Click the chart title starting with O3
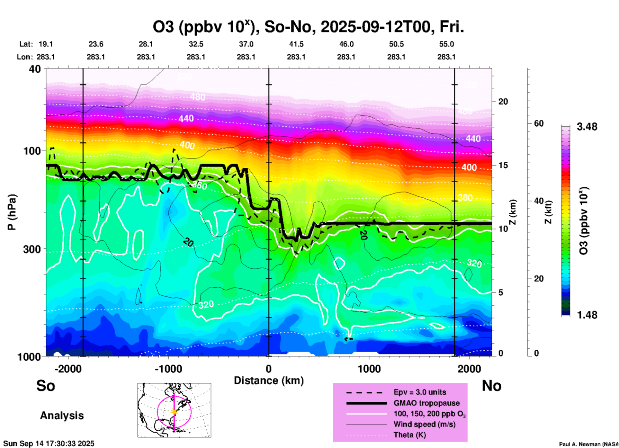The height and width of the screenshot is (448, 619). [308, 27]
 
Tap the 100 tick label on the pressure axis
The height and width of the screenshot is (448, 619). [32, 151]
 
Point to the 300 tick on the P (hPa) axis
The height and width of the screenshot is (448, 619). [32, 249]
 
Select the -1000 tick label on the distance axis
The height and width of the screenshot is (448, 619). [168, 369]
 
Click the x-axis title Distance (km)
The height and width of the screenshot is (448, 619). [269, 381]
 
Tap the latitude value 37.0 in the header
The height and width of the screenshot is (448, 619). [246, 44]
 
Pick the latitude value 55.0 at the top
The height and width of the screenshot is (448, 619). [446, 44]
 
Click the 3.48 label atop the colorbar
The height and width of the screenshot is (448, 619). [587, 127]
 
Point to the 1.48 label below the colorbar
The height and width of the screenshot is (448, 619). [587, 315]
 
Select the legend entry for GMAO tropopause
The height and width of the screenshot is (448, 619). [426, 403]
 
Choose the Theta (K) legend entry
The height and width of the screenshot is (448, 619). [409, 435]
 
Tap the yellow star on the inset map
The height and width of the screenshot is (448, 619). [174, 412]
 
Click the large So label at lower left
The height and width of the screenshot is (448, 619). [46, 386]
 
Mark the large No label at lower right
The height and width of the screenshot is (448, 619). [491, 386]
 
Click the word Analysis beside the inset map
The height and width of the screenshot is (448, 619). [62, 416]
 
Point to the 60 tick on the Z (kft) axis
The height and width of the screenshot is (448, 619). [539, 123]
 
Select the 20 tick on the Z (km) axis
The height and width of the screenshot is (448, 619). [503, 102]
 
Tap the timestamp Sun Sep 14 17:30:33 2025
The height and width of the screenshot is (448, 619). [49, 444]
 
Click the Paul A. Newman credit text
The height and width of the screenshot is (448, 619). [588, 444]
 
